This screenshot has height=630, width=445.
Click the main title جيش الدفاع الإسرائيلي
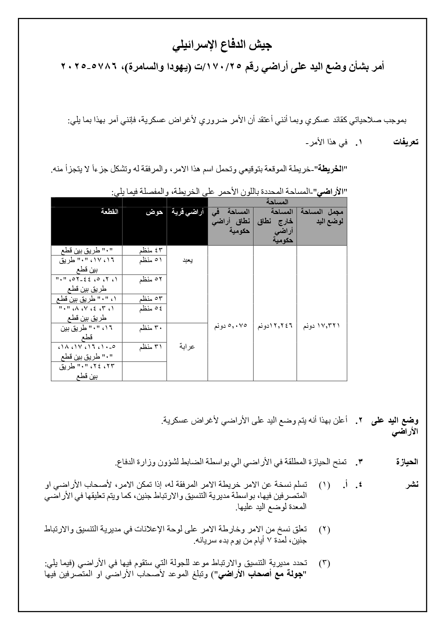222,46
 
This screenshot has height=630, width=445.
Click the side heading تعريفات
406,142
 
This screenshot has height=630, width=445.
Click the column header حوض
155,212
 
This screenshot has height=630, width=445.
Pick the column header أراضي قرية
187,212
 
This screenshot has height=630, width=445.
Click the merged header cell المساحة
277,202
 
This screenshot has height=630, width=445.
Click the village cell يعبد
187,261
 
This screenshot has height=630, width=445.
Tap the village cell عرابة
187,347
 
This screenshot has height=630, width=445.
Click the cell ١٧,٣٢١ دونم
322,326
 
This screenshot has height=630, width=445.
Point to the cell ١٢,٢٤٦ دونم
275,326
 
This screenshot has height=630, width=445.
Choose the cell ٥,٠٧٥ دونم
231,326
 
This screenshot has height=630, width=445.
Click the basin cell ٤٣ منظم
151,250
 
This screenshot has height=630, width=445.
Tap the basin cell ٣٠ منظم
151,328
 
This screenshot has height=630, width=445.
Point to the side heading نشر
412,485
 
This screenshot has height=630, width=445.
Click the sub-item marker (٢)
324,529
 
